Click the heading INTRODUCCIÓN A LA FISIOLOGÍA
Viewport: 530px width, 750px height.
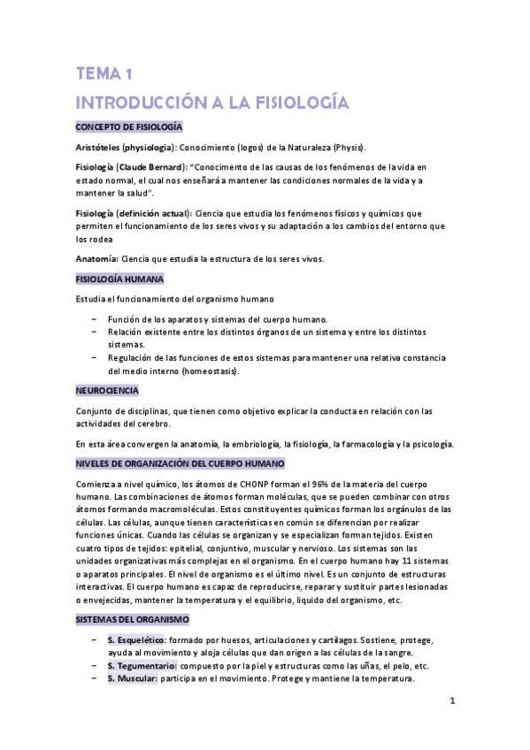(x=212, y=102)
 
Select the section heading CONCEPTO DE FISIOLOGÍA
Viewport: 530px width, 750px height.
(x=128, y=127)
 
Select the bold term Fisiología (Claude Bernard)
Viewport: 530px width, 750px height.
(x=131, y=166)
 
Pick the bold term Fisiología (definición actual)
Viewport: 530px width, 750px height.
(x=133, y=213)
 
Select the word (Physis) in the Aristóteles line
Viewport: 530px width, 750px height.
(x=342, y=147)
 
